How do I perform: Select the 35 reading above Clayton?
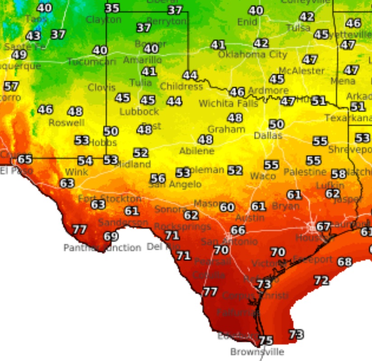click(112, 8)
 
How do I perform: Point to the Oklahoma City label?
click(252, 55)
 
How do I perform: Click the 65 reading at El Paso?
click(25, 159)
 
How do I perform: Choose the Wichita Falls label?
click(228, 103)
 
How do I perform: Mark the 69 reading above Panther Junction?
click(111, 236)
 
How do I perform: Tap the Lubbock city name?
click(139, 111)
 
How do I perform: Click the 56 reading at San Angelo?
click(158, 178)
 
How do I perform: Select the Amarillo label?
click(142, 60)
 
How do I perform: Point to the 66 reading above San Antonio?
click(238, 230)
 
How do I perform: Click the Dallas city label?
click(268, 136)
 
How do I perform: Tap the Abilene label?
click(197, 151)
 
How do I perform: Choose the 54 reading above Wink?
click(85, 161)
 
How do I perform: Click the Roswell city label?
click(66, 123)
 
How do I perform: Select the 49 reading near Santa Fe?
click(19, 55)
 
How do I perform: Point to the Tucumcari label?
click(92, 62)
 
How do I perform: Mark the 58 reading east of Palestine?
click(339, 174)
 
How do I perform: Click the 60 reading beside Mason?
click(227, 207)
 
